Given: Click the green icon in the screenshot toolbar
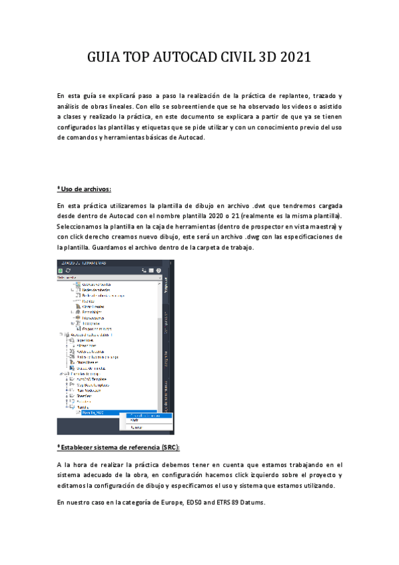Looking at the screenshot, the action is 60,270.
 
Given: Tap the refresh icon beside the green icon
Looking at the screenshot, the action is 68,270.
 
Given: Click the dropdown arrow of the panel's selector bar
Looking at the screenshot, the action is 160,278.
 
